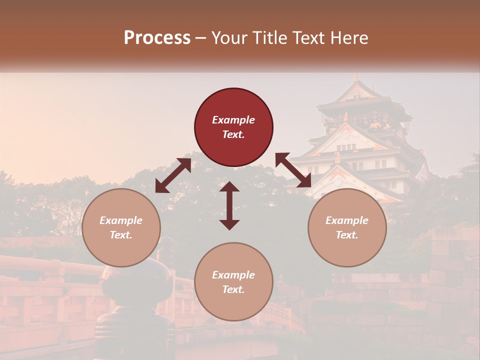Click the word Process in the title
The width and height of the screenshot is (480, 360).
coord(157,38)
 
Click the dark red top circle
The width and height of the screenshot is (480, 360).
coord(233,127)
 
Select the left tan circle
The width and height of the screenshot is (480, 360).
coord(121,228)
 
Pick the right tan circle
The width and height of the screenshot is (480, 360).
coord(347,228)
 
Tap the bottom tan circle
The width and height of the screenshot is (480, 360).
coord(233,282)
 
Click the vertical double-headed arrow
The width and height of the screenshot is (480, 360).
coord(229,205)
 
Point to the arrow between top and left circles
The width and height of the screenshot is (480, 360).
coord(173,175)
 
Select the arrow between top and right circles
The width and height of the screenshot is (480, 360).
coord(293,170)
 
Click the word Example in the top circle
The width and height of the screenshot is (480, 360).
coord(233,120)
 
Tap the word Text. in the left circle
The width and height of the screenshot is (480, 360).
coord(121,235)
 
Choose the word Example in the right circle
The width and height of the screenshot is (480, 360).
coord(347,220)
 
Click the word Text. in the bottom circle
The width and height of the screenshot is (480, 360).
coord(233,289)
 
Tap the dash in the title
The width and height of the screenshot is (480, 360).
coord(201,38)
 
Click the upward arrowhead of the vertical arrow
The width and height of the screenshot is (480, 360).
coord(229,186)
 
